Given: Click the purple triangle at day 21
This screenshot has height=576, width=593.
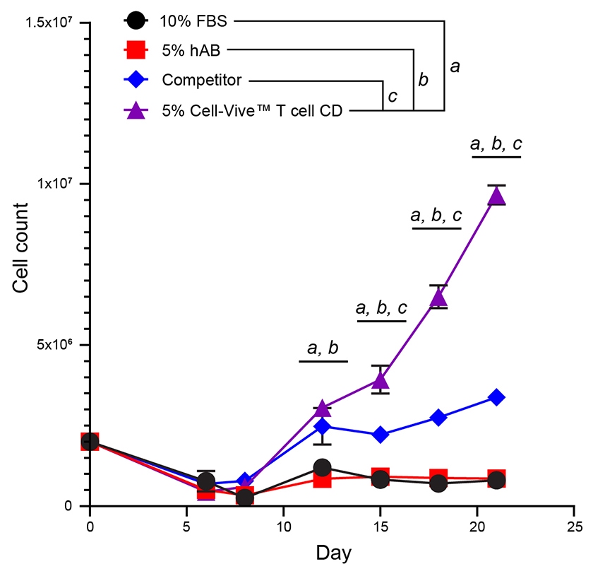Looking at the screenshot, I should point(497,196).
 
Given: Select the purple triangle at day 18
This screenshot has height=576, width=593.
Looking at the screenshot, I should point(438,298).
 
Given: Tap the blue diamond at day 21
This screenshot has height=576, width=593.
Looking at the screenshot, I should point(497,397).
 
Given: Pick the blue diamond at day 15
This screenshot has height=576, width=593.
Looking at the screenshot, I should point(381,435).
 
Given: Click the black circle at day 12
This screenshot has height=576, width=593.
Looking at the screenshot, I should point(323,467).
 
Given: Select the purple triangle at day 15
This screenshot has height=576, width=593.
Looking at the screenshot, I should point(381,381).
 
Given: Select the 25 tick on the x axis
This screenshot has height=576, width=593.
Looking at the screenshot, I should point(574,527).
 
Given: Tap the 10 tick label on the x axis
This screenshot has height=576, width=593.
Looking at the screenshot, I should point(283,527).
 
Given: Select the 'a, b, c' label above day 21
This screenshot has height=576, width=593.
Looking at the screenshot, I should point(496,144).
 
